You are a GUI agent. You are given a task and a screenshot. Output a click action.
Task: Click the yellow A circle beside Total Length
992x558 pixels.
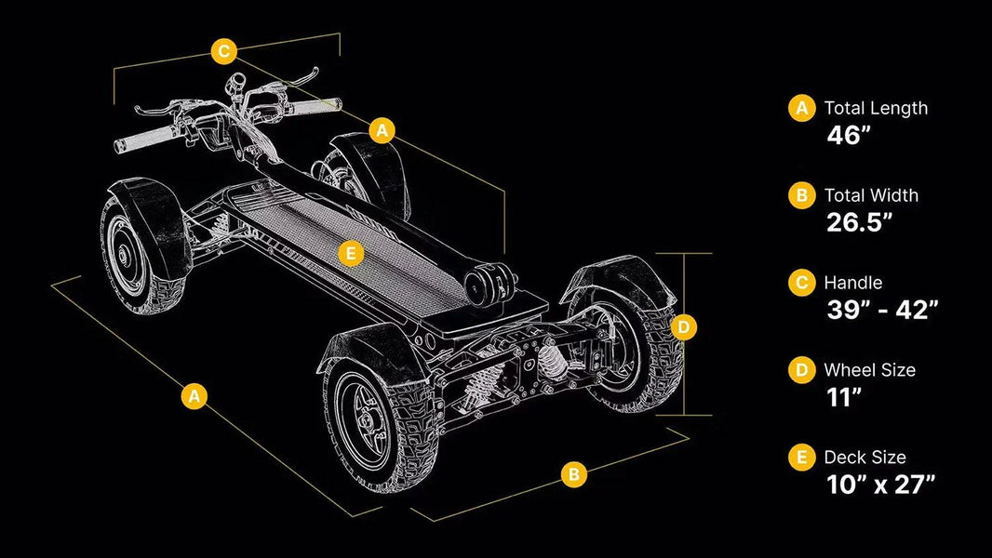(x=801, y=108)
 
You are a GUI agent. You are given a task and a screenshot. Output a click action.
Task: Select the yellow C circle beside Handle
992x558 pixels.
(x=801, y=283)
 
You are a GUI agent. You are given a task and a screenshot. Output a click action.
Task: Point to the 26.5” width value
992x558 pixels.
(x=859, y=222)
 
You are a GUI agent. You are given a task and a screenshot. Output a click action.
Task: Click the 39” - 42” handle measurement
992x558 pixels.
(x=882, y=310)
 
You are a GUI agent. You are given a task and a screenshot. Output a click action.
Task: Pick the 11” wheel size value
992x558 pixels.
(x=844, y=397)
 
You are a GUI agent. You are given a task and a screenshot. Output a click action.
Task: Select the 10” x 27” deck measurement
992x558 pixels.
(x=880, y=484)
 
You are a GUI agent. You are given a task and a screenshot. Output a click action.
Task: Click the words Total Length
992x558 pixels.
(x=876, y=109)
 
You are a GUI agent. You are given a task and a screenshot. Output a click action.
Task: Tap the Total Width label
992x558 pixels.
(x=871, y=195)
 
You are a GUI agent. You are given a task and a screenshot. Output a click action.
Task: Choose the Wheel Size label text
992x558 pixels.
(x=870, y=370)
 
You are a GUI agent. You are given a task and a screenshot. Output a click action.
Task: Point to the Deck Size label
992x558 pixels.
(x=865, y=457)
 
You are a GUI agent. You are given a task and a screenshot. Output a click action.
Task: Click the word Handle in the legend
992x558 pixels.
(x=852, y=283)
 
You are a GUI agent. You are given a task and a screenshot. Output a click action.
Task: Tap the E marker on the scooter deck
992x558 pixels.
(x=351, y=254)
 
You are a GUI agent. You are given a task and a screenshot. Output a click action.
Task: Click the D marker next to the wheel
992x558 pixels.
(x=683, y=327)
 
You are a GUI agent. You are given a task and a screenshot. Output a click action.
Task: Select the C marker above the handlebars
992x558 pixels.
(x=224, y=50)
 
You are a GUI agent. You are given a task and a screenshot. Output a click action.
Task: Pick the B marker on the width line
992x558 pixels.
(x=574, y=473)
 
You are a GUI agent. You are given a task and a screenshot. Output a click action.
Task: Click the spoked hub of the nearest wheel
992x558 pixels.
(x=365, y=421)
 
